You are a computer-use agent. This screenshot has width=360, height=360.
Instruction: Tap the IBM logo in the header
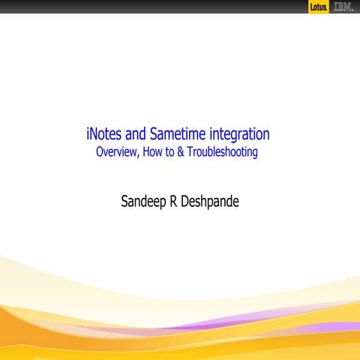[x=343, y=7]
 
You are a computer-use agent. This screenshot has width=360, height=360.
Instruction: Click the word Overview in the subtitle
[x=115, y=152]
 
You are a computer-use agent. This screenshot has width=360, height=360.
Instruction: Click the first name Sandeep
[x=145, y=201]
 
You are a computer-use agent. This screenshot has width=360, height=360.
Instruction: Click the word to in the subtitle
[x=167, y=152]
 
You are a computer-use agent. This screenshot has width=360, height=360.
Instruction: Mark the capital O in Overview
[x=98, y=152]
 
